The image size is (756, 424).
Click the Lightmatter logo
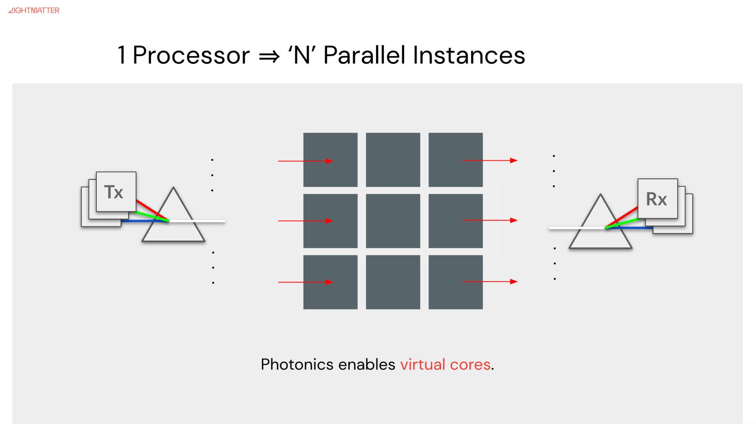pyautogui.click(x=34, y=11)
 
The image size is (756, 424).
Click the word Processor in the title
pyautogui.click(x=191, y=56)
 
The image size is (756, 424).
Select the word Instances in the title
pyautogui.click(x=469, y=56)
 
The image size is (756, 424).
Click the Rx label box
pyautogui.click(x=657, y=199)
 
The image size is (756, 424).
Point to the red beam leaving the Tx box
pyautogui.click(x=149, y=209)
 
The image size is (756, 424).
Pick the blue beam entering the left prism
pyautogui.click(x=140, y=221)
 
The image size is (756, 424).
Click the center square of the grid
pyautogui.click(x=393, y=221)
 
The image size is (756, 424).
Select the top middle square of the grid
pyautogui.click(x=393, y=160)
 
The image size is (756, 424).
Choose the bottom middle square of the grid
pyautogui.click(x=393, y=282)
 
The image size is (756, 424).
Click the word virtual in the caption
pyautogui.click(x=423, y=365)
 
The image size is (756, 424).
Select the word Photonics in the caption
pyautogui.click(x=297, y=365)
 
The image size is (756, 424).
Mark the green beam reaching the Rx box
pyautogui.click(x=626, y=222)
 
